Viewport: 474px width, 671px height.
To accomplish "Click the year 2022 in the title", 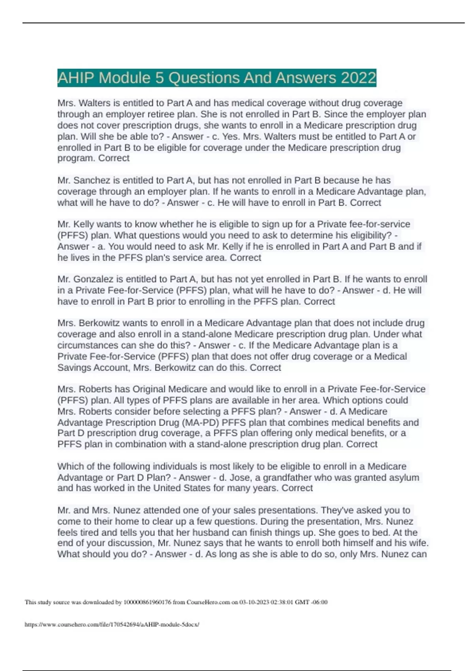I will point(358,78).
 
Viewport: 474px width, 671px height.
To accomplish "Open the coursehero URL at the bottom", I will point(112,624).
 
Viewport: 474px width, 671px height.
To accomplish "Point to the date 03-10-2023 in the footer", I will point(254,602).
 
